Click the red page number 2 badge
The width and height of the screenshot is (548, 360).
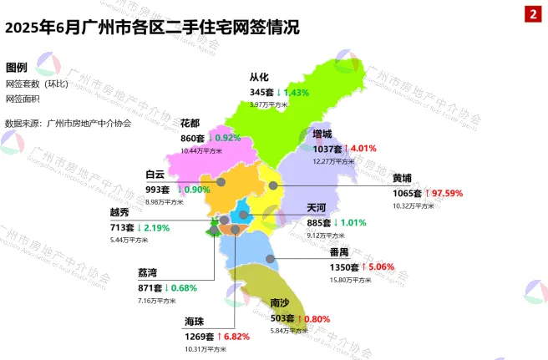(x=531, y=14)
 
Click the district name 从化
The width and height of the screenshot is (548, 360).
(x=260, y=78)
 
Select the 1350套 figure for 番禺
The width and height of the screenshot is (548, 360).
(x=344, y=267)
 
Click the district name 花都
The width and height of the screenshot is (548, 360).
(x=191, y=123)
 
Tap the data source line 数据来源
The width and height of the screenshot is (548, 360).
(x=68, y=123)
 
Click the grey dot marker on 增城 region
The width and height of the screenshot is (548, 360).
(x=272, y=185)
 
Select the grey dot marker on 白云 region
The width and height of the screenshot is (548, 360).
(x=221, y=181)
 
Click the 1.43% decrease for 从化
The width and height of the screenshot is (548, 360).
(x=300, y=92)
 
